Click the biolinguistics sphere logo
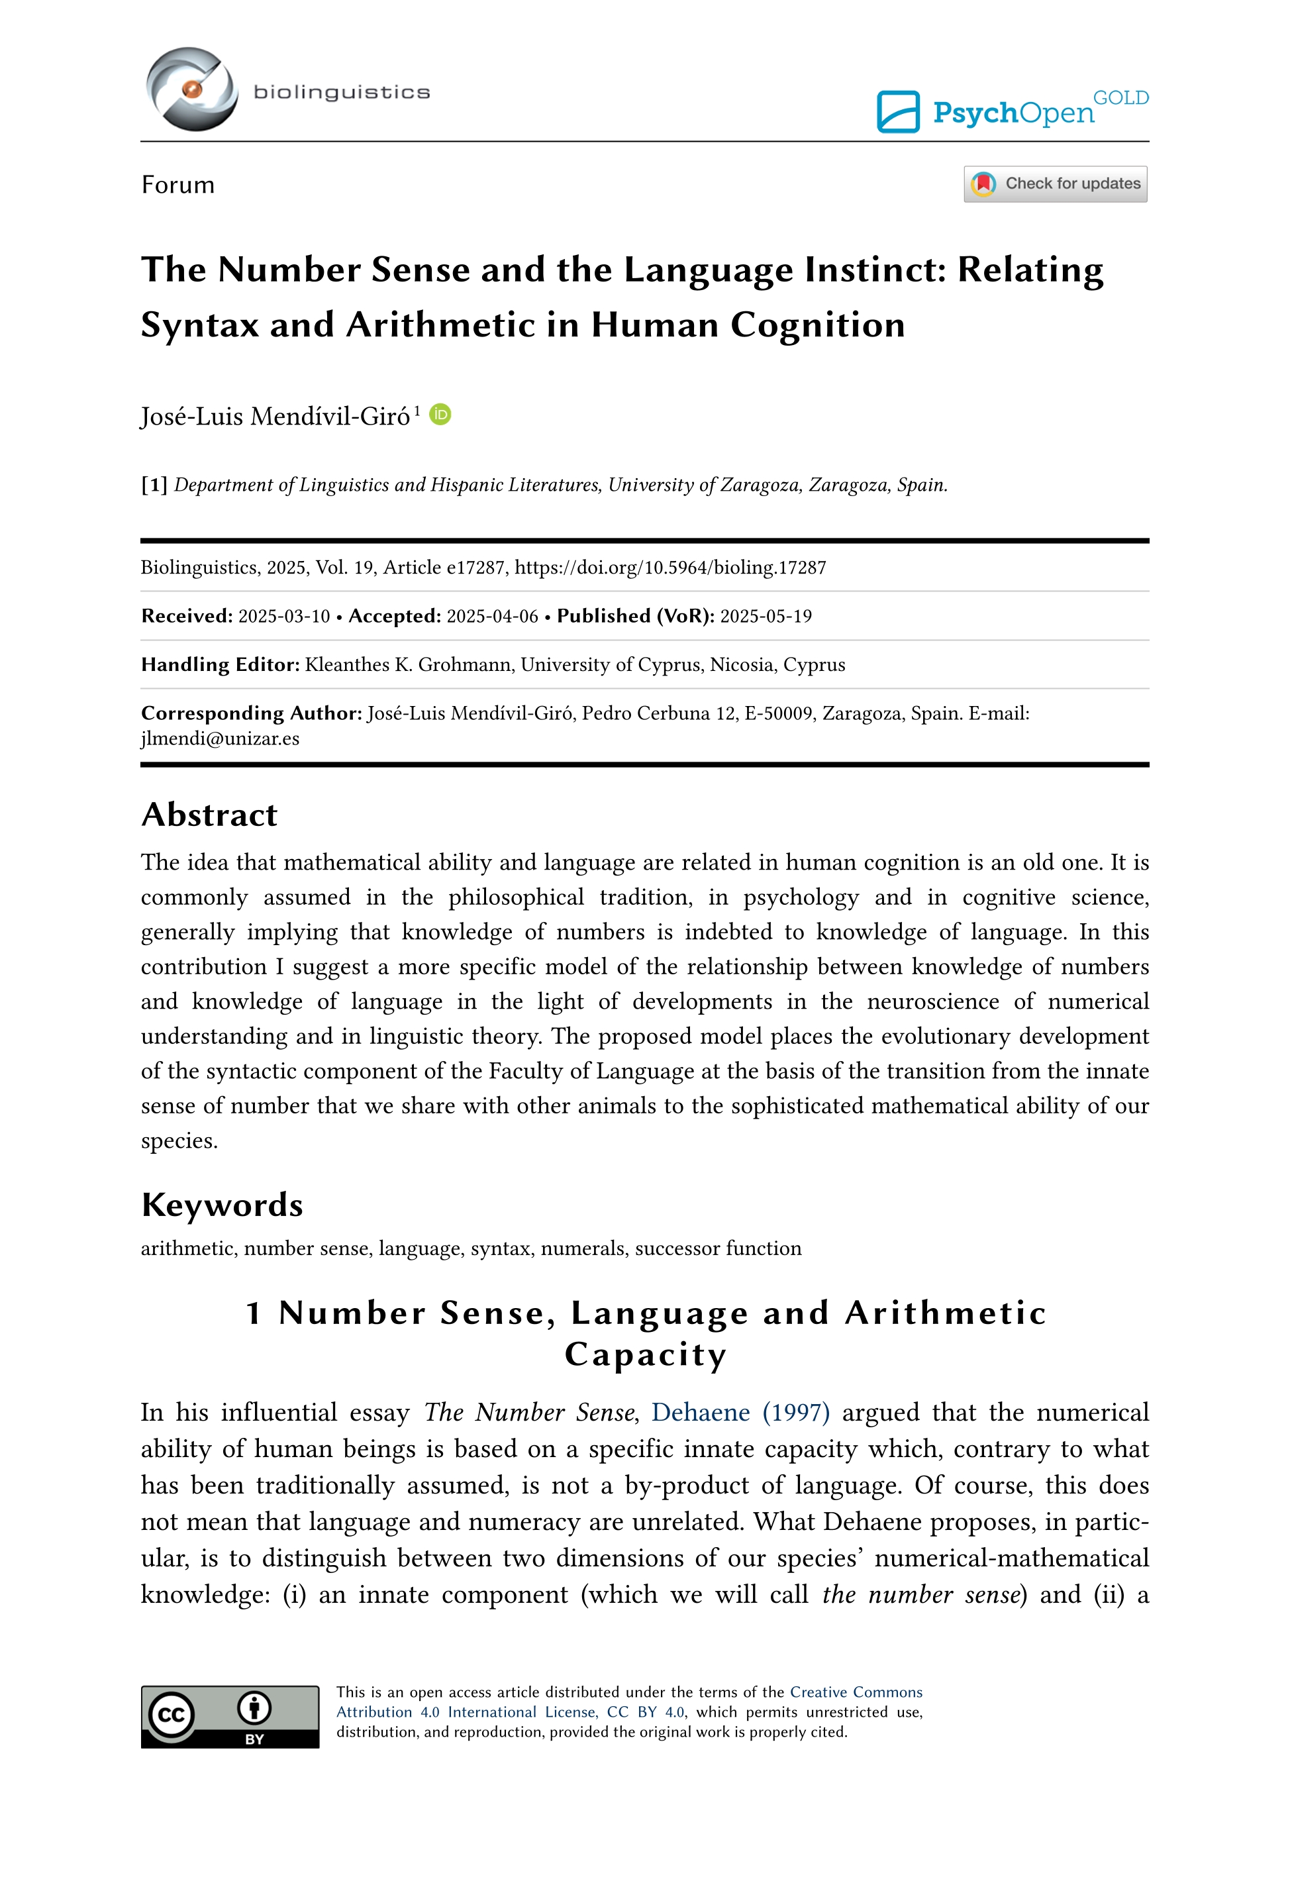(191, 89)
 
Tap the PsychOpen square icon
(898, 111)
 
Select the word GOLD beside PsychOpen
(1120, 98)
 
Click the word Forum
(178, 185)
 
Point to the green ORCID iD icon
(440, 415)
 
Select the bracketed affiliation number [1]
(154, 485)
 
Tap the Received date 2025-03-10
(283, 617)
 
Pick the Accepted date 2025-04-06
(492, 617)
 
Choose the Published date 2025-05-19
(766, 617)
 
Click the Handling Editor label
(220, 664)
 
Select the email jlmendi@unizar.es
(220, 739)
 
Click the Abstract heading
(209, 815)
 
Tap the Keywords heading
(223, 1205)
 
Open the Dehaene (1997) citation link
(740, 1412)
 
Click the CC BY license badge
(230, 1717)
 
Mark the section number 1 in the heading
(254, 1313)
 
